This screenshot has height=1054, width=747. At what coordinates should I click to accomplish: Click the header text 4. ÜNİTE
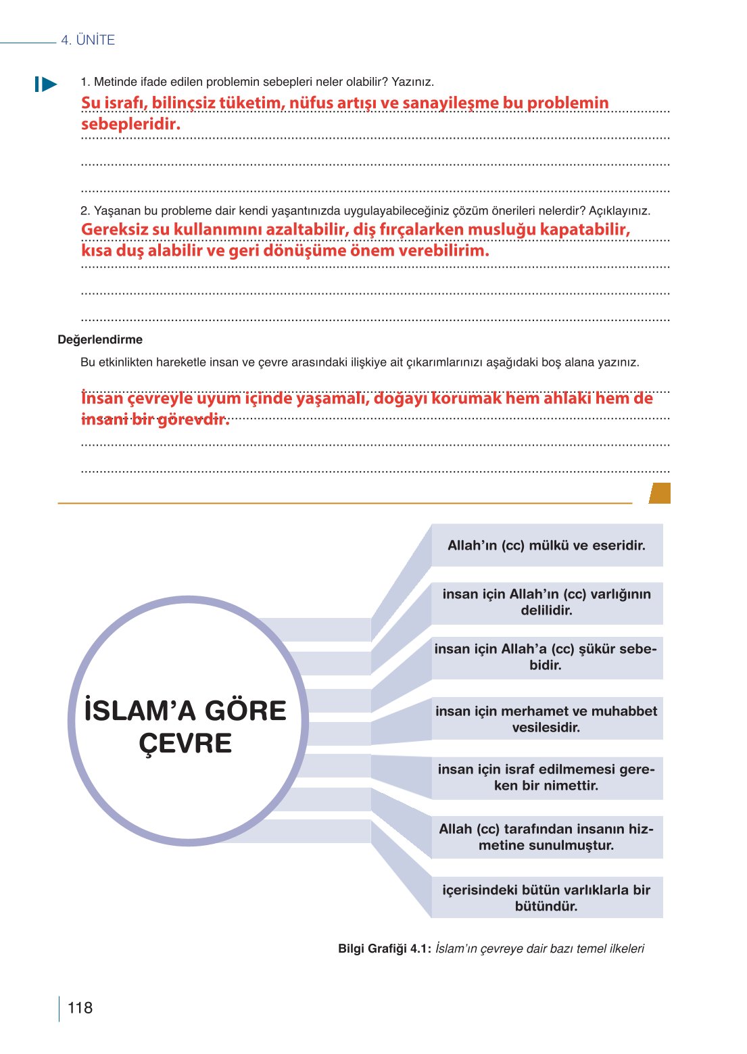click(x=88, y=40)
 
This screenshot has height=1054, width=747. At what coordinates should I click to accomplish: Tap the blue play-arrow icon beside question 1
click(x=46, y=85)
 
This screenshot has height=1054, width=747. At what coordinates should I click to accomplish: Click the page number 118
click(x=80, y=1007)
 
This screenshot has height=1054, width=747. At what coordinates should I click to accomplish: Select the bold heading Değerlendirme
click(x=100, y=339)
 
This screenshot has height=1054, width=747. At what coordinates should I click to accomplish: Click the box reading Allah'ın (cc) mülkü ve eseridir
click(x=546, y=546)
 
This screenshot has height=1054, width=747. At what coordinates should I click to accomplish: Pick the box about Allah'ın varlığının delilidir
click(x=546, y=602)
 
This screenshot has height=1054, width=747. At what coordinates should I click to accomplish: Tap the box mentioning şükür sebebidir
click(x=546, y=657)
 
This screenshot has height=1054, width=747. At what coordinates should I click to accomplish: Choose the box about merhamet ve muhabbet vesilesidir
click(x=546, y=719)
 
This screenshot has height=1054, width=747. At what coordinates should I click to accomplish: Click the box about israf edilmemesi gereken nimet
click(x=546, y=777)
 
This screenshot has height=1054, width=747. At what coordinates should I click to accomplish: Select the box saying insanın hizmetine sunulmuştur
click(x=546, y=837)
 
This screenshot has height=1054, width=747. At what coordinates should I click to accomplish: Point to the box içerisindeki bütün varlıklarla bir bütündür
click(x=546, y=898)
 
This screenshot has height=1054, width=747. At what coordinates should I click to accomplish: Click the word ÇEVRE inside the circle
click(x=185, y=744)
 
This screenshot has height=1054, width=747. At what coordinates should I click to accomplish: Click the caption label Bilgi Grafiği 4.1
click(x=384, y=949)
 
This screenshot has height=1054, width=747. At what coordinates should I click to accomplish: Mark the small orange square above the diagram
click(x=660, y=493)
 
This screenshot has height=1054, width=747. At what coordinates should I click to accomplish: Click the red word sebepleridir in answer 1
click(x=130, y=124)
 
